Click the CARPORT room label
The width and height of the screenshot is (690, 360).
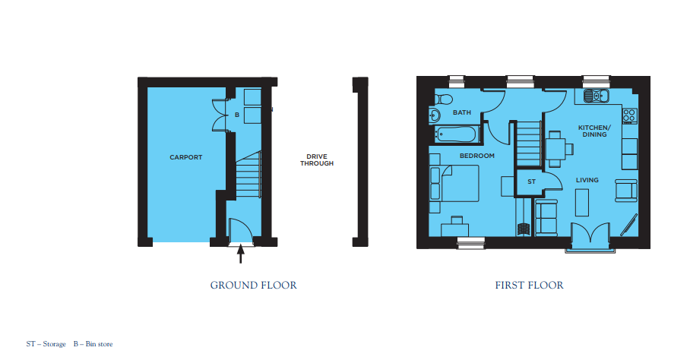click(185, 157)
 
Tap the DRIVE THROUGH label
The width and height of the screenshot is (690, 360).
click(317, 160)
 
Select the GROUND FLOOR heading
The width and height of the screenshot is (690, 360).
click(254, 286)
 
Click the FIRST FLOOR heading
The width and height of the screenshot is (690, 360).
click(529, 286)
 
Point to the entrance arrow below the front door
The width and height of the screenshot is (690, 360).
click(240, 254)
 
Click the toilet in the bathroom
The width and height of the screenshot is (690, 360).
click(443, 99)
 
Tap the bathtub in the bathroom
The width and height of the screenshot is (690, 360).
click(456, 134)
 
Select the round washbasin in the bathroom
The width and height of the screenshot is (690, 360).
click(435, 115)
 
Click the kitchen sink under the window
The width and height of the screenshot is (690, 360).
click(597, 96)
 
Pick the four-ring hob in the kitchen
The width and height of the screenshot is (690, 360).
click(629, 115)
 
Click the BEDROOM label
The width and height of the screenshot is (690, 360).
click(477, 156)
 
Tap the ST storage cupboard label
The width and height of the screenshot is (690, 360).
click(532, 182)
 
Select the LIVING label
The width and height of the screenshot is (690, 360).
click(587, 180)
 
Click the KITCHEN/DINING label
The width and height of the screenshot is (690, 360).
click(594, 131)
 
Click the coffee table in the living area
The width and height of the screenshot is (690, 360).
click(582, 202)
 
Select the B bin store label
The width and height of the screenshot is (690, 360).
click(237, 115)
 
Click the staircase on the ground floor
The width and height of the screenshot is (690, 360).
click(248, 175)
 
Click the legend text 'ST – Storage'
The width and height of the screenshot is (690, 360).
click(46, 344)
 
